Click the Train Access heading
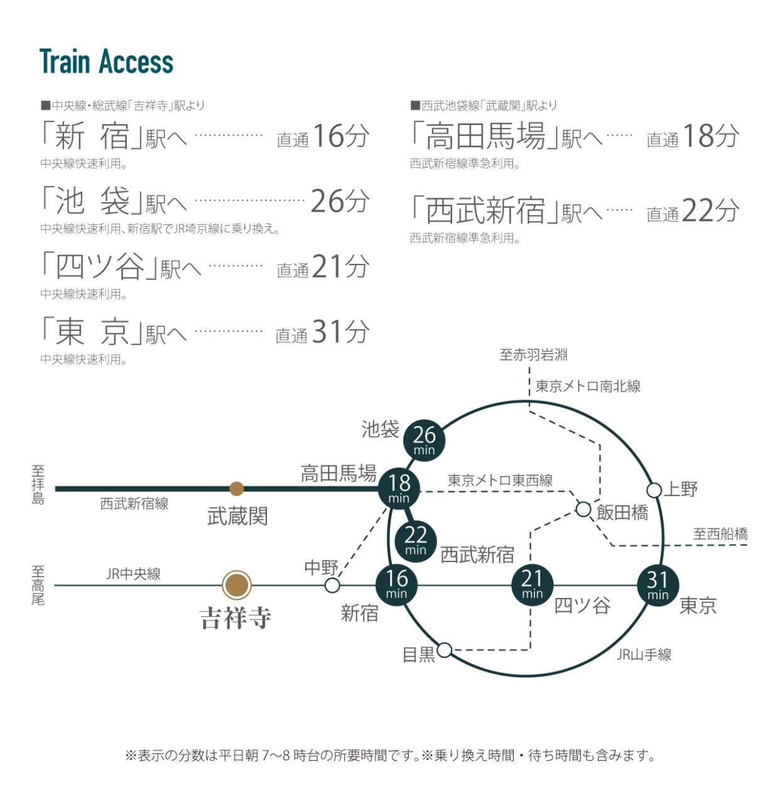tap(106, 62)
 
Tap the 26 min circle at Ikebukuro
tap(424, 440)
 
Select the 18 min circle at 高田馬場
tap(399, 488)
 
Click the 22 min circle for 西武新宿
tap(415, 540)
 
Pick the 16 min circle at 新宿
tap(396, 584)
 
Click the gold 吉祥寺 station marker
tap(237, 585)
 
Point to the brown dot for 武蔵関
tap(237, 489)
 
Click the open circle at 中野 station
tap(332, 586)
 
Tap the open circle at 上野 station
tap(654, 490)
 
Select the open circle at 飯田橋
tap(583, 509)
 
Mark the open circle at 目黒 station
tap(444, 649)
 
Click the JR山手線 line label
tap(644, 655)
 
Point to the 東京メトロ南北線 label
tap(588, 386)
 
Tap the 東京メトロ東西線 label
tap(500, 481)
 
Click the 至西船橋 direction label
tap(720, 534)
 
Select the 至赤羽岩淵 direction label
tap(533, 355)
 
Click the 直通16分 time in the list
tap(323, 136)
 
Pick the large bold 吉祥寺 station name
tap(236, 618)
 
